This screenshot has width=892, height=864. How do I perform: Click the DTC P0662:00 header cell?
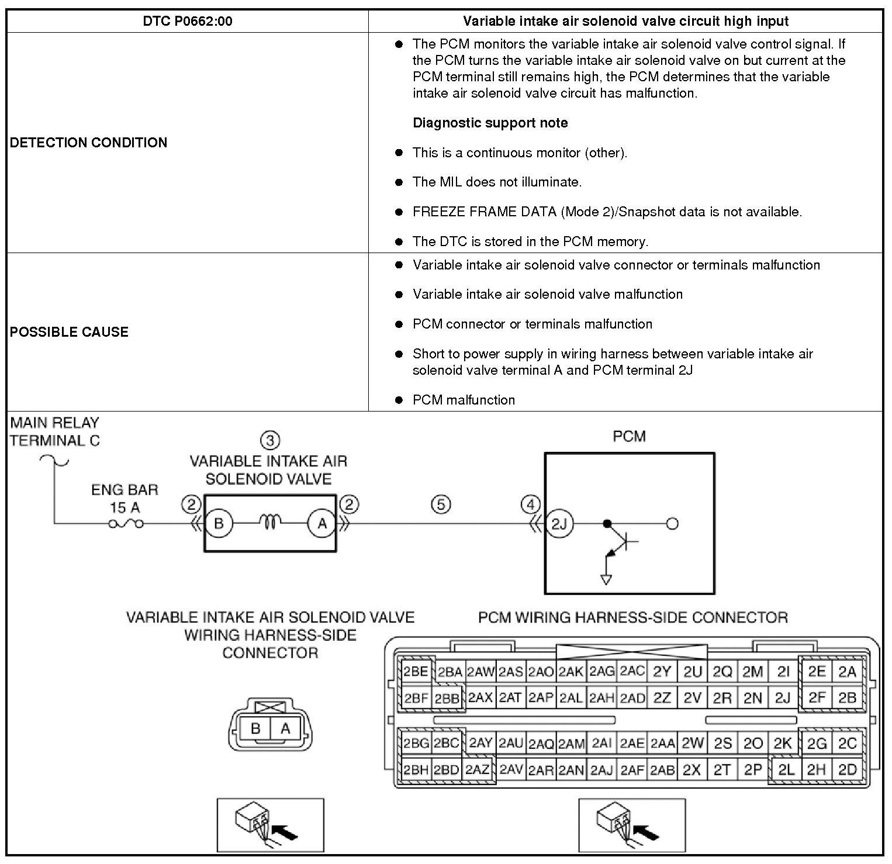pos(187,22)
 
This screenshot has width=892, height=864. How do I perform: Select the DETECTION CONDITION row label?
pos(88,143)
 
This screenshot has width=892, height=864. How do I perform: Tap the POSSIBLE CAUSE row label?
pos(69,332)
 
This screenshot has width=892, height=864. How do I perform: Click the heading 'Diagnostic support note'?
pos(490,123)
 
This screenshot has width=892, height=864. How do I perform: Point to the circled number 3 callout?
pos(269,440)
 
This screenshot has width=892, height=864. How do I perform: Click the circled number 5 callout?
pos(441,504)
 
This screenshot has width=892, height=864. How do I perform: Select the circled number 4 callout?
pos(531,504)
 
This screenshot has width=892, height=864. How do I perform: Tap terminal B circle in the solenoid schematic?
pos(219,523)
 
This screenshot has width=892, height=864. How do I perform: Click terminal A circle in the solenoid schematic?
pos(321,524)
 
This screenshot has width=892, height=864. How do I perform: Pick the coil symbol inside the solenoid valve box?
pos(270,521)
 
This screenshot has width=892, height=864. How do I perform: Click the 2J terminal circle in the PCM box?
pos(559,524)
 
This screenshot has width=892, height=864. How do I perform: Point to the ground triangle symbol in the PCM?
pos(606,579)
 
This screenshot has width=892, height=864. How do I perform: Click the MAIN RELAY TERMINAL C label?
pos(55,431)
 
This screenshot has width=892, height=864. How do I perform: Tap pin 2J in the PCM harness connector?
pos(783,697)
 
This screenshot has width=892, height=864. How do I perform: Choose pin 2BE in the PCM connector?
pos(416,672)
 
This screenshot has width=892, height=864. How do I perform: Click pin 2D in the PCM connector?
pos(847,770)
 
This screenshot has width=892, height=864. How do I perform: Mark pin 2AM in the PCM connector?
pos(571,744)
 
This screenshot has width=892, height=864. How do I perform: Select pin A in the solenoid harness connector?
pos(285,728)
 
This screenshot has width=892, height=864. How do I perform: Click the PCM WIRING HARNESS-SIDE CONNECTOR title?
pos(632,617)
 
